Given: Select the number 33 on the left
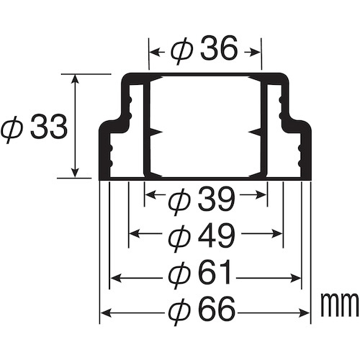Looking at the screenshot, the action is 48,127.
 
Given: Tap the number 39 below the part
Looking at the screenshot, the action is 215,199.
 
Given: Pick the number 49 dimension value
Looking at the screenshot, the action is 215,236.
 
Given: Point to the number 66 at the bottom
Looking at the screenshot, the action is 215,309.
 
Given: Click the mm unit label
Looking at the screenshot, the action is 340,305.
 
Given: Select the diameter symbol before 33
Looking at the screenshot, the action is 12,128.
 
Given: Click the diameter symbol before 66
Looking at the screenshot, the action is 179,310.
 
